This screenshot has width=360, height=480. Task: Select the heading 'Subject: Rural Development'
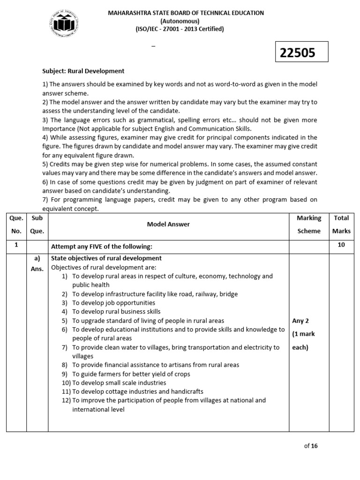pyautogui.click(x=83, y=71)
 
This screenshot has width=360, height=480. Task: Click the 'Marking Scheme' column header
pyautogui.click(x=309, y=224)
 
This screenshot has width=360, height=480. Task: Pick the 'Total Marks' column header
pyautogui.click(x=341, y=224)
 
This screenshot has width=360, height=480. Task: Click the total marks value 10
pyautogui.click(x=341, y=245)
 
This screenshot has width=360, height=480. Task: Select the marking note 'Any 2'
pyautogui.click(x=300, y=321)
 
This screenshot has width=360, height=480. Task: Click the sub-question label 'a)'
pyautogui.click(x=37, y=258)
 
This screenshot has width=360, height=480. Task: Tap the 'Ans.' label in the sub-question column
pyautogui.click(x=37, y=269)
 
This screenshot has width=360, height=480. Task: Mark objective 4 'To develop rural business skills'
pyautogui.click(x=116, y=312)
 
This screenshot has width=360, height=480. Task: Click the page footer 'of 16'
pyautogui.click(x=311, y=446)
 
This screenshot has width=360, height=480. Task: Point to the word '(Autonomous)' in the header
pyautogui.click(x=180, y=21)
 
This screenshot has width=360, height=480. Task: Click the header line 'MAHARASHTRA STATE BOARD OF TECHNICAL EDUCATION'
pyautogui.click(x=186, y=13)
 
